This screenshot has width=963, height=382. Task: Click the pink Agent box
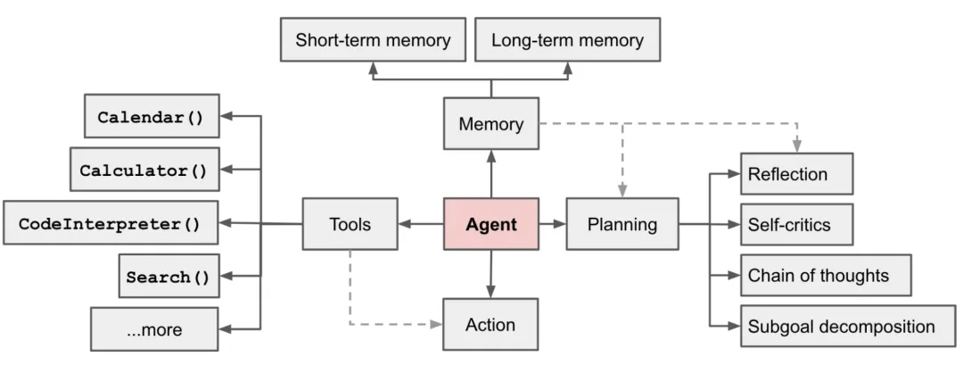pos(490,224)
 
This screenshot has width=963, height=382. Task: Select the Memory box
pos(490,124)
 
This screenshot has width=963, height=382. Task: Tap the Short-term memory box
pos(373,41)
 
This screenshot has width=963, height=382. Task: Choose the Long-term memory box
pos(567,41)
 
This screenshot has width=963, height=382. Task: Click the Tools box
pos(350,224)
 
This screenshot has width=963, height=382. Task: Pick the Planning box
pos(621,224)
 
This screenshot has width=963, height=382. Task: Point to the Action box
pos(490,324)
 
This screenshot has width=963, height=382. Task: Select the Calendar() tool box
pos(151,116)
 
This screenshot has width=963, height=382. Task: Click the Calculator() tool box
pos(144,170)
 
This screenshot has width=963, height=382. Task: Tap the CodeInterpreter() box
pos(111,223)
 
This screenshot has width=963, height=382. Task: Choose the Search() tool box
pos(168,276)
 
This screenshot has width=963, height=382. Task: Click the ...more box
pos(154,328)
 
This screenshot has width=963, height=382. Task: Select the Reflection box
pos(796,174)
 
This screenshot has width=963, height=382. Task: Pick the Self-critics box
pos(796,224)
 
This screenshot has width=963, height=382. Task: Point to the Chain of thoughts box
pos(826,275)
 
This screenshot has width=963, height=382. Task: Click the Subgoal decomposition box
pos(849,326)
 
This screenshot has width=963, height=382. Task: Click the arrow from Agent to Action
pos(490,275)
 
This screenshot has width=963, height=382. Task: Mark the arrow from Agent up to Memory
pos(490,173)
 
